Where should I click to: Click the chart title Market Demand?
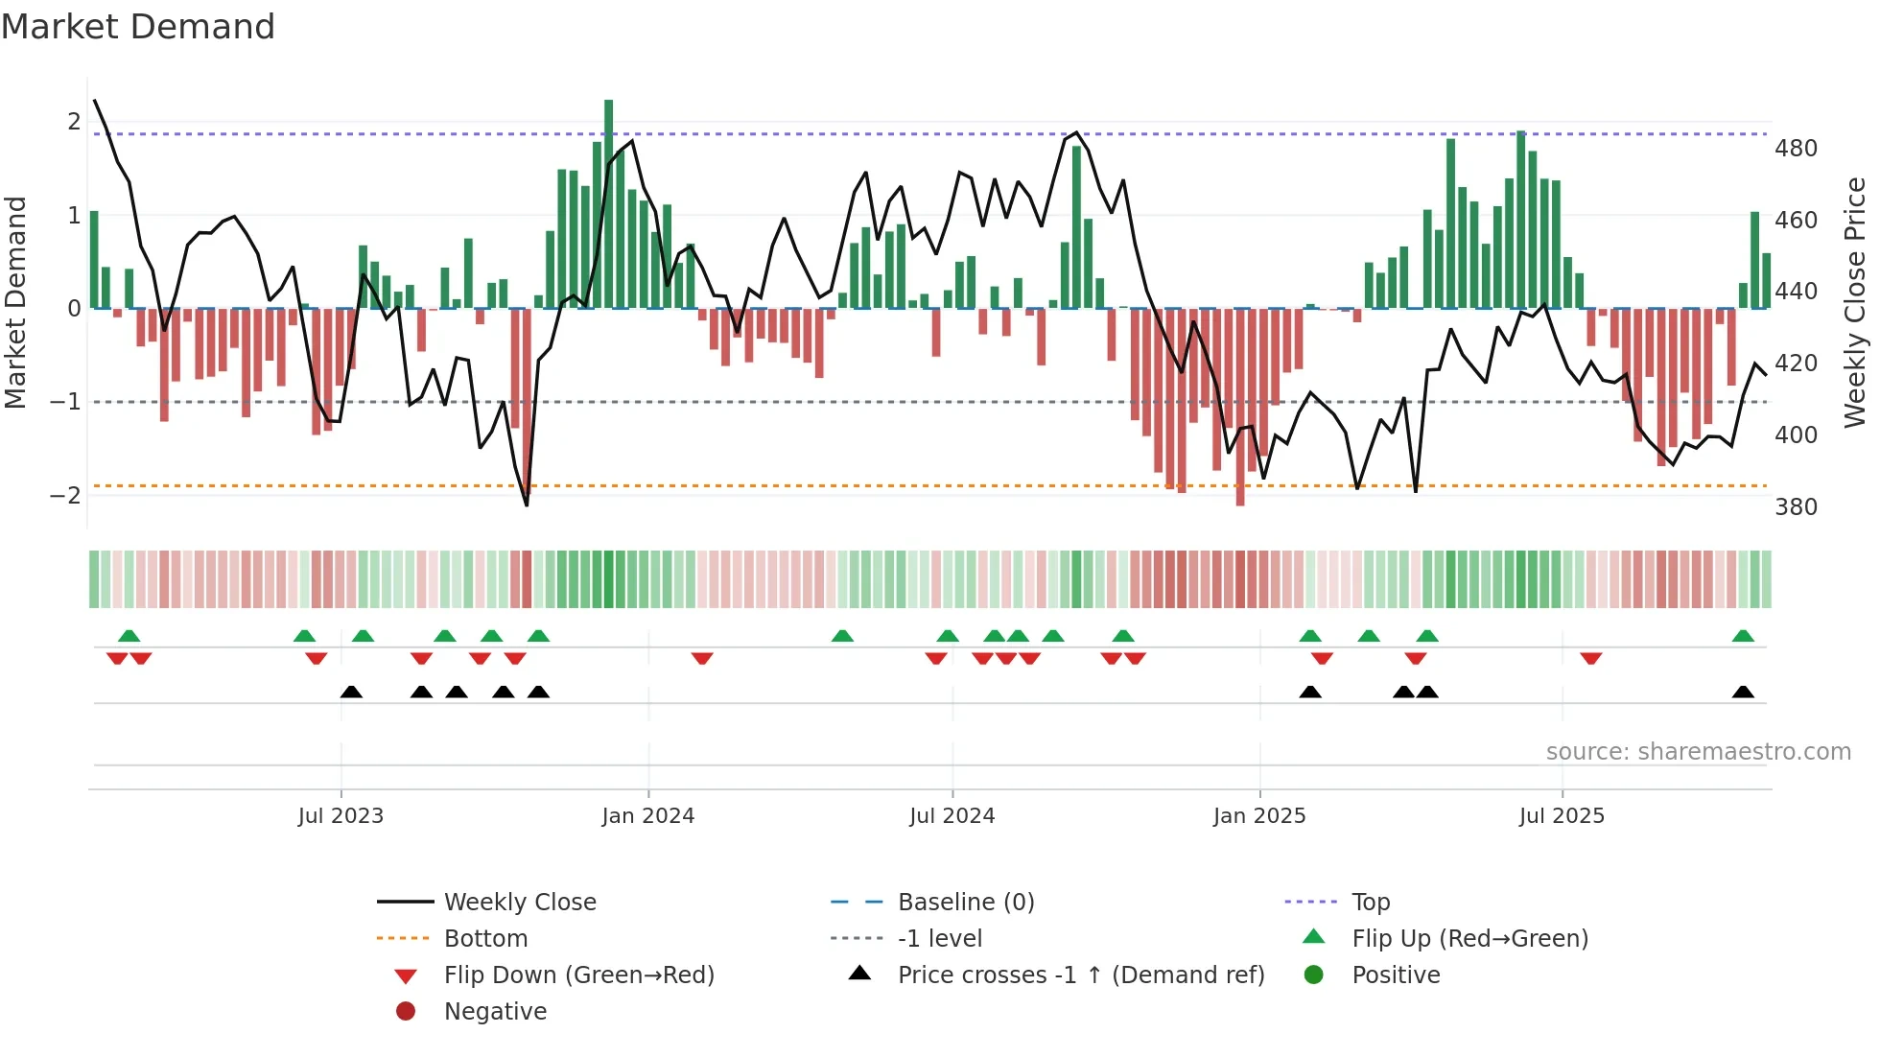coord(138,27)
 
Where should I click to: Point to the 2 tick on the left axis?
coord(74,122)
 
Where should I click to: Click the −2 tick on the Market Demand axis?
coord(65,496)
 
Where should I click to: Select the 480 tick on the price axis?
coord(1796,149)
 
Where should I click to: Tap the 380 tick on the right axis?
coord(1796,507)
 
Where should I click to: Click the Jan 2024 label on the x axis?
coord(647,816)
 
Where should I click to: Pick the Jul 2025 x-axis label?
coord(1561,816)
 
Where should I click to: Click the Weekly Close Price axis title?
coord(1855,302)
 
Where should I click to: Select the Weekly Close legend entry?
coord(519,903)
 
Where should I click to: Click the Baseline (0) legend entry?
coord(965,903)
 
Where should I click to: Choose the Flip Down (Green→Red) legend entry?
coord(578,975)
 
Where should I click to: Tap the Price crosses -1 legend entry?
coord(1080,975)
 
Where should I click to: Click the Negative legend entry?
coord(495,1012)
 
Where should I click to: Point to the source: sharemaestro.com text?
coord(1698,752)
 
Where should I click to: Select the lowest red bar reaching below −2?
coord(1240,407)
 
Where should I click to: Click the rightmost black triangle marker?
coord(1743,693)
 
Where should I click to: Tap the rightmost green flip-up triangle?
coord(1743,636)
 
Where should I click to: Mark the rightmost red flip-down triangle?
coord(1590,658)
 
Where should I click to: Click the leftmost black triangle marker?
coord(351,693)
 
